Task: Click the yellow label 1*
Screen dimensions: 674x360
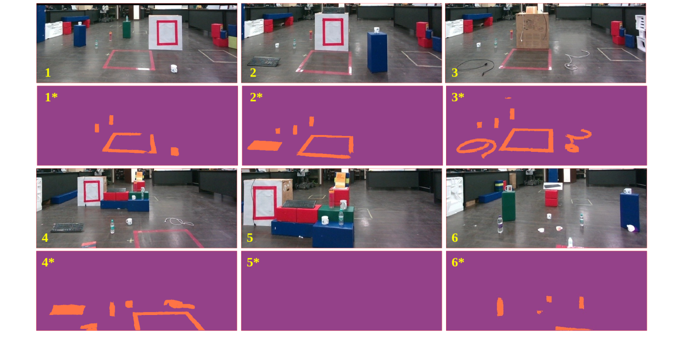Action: click(x=51, y=97)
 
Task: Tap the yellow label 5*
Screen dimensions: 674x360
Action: click(x=253, y=262)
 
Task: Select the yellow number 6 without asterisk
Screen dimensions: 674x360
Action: click(x=454, y=238)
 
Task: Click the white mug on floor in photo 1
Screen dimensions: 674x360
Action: click(x=174, y=69)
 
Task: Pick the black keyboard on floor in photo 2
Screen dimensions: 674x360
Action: click(x=264, y=61)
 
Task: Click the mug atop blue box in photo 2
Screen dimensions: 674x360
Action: click(x=376, y=30)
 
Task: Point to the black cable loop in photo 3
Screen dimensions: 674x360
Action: click(x=475, y=67)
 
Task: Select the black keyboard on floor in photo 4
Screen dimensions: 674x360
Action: click(x=68, y=227)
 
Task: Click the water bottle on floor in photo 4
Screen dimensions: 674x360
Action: click(x=112, y=226)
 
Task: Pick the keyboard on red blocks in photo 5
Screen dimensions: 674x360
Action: click(x=299, y=204)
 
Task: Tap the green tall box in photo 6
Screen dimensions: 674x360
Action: click(x=508, y=206)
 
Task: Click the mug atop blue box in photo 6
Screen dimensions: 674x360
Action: click(x=628, y=191)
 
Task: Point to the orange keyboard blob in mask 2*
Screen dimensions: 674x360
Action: click(x=265, y=146)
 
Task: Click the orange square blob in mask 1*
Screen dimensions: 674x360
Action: click(x=175, y=151)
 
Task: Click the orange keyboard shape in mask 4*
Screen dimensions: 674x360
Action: click(x=67, y=310)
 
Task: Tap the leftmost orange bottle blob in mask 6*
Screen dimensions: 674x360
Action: click(x=500, y=307)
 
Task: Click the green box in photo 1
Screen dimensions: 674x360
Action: click(x=127, y=30)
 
